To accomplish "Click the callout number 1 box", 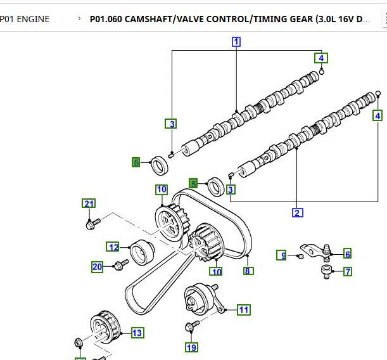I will point(236,42).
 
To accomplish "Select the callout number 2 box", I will point(297,212).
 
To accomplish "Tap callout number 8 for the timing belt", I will point(248,271).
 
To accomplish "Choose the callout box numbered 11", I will point(243,310).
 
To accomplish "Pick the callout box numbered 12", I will point(113,247).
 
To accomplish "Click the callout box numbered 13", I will point(137,332).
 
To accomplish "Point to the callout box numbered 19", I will point(191,347).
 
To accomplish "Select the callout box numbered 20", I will point(98,267).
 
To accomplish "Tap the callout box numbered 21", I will point(89,203).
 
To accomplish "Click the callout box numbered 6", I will point(347,254).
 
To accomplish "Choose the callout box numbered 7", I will point(348,272).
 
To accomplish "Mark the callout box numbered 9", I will point(284,255).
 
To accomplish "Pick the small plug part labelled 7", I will point(326,273).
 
